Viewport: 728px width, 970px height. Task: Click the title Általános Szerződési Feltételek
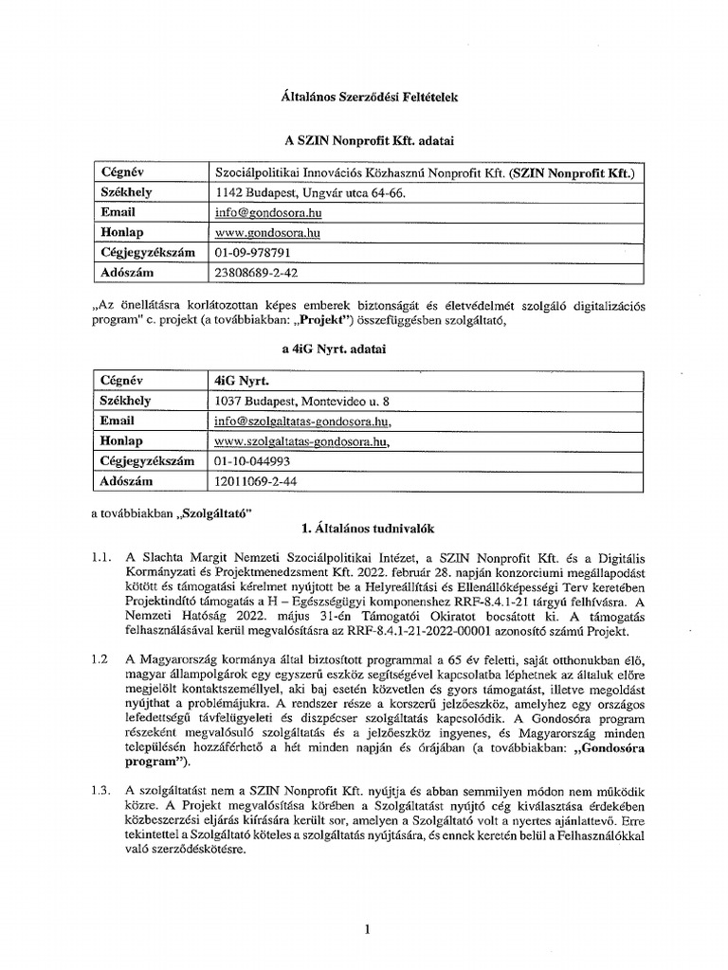364,99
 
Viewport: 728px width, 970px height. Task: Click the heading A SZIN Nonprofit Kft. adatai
364,140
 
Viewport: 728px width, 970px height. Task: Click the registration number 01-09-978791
252,253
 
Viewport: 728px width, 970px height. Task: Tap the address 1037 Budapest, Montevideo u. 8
301,401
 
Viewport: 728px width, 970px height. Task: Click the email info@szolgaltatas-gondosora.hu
302,422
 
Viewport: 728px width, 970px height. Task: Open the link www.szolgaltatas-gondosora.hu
301,441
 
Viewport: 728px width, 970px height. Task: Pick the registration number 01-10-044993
252,461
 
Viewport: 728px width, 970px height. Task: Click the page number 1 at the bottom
365,930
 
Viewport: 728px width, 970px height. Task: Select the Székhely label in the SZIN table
126,193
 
